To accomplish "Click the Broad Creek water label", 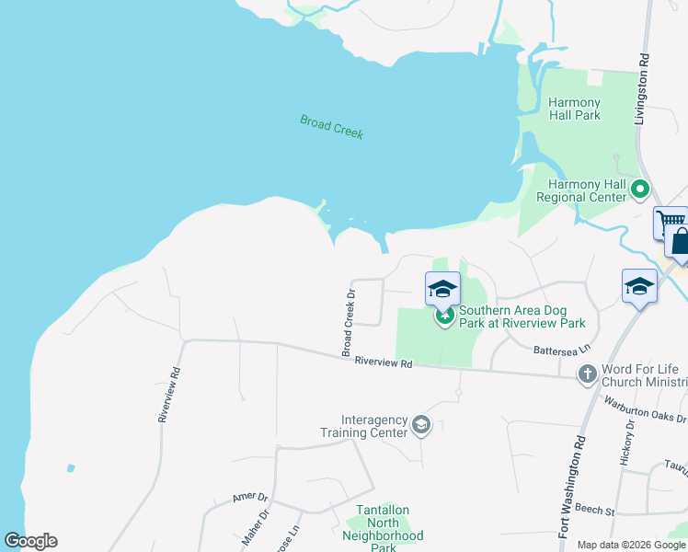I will (331, 127).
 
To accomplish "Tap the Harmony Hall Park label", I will (574, 109).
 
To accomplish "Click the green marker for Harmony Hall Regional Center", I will (639, 190).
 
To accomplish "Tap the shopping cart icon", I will (671, 222).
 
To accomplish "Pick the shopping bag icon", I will (681, 241).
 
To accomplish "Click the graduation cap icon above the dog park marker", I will (442, 288).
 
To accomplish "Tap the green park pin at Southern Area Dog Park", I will (444, 317).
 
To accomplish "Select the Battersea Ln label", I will (562, 351).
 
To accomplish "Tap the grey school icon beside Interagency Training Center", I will (421, 424).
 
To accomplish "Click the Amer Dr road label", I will (249, 497).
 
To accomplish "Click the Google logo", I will (30, 541).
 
